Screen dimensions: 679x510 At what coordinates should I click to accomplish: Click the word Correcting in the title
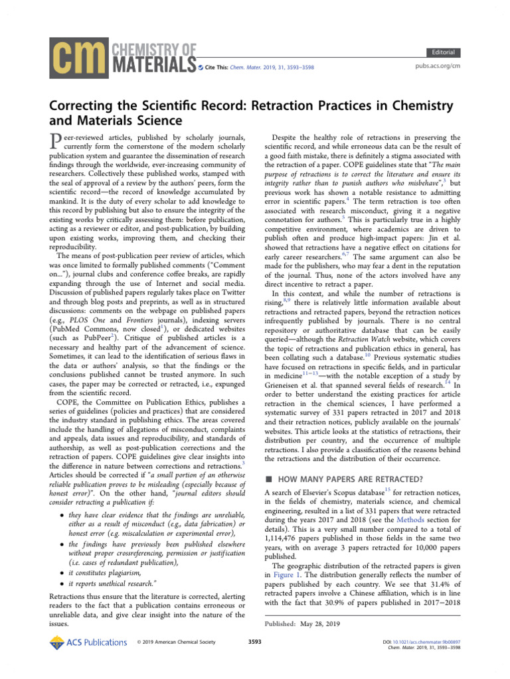86,106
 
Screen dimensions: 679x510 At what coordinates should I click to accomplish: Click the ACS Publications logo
88,641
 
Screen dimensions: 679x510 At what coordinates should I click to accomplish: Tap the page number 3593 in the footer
254,642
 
